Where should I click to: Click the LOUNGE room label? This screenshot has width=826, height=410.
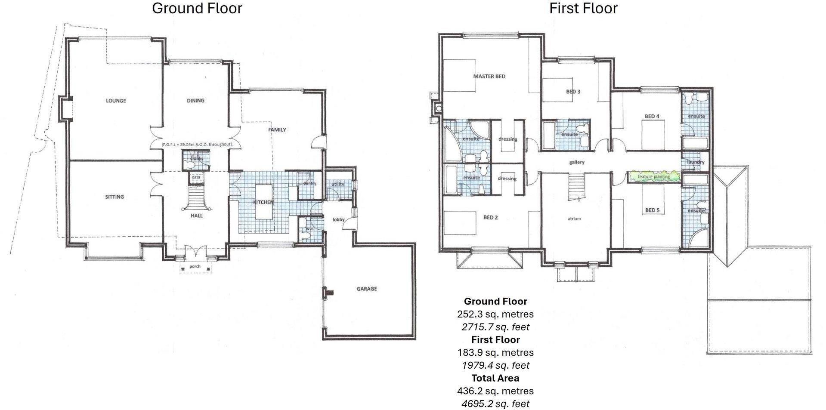116,101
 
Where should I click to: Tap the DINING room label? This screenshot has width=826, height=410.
195,101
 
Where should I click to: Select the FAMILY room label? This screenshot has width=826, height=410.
277,129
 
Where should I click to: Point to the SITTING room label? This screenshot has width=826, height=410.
114,197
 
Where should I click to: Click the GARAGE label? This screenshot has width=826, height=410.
366,289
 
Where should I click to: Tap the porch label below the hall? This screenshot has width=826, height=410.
195,266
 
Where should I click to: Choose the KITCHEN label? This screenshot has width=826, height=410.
263,202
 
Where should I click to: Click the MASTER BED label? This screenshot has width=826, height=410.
489,76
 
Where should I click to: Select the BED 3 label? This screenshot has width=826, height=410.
573,92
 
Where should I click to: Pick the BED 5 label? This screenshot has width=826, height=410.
652,210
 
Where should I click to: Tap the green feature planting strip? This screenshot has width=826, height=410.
653,176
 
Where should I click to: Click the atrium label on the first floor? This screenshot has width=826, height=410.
574,219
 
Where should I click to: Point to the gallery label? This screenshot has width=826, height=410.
576,162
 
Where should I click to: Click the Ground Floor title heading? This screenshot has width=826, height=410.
197,8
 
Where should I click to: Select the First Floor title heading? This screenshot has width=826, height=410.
583,8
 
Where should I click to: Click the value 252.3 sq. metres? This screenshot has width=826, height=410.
495,314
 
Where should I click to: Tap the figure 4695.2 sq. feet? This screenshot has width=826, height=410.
495,404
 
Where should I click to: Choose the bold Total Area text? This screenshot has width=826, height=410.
495,378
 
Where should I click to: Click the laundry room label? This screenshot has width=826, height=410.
696,162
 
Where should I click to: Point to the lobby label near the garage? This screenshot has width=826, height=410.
338,219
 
